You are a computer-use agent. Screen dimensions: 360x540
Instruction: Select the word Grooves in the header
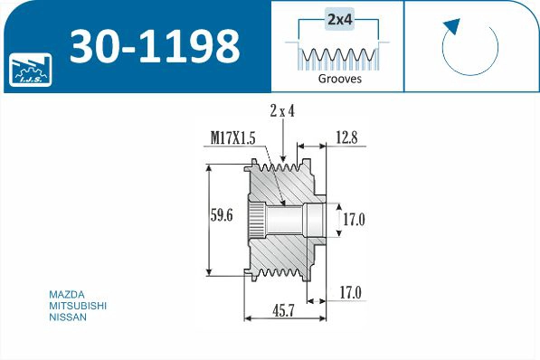pos(340,79)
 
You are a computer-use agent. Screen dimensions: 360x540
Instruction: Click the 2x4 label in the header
pos(340,18)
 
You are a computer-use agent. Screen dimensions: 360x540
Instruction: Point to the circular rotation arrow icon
pos(470,47)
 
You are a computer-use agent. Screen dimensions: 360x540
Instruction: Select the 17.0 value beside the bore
pos(353,218)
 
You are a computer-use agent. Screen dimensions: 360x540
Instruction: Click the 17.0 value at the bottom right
pos(351,292)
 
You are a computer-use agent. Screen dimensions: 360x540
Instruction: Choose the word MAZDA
pos(66,294)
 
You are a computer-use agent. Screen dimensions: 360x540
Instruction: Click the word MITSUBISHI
pos(77,306)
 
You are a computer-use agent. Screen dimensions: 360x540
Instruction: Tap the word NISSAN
pos(68,317)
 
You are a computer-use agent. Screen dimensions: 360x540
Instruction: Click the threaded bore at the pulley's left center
pos(258,218)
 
